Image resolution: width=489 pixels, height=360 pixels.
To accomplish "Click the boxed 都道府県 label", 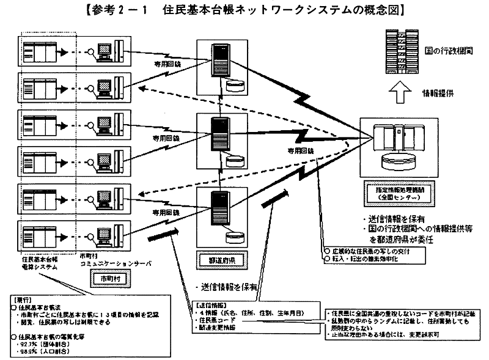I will (x=219, y=260).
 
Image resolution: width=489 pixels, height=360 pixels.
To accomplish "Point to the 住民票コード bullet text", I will (x=213, y=319).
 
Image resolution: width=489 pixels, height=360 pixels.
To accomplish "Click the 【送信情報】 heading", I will (x=211, y=304).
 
